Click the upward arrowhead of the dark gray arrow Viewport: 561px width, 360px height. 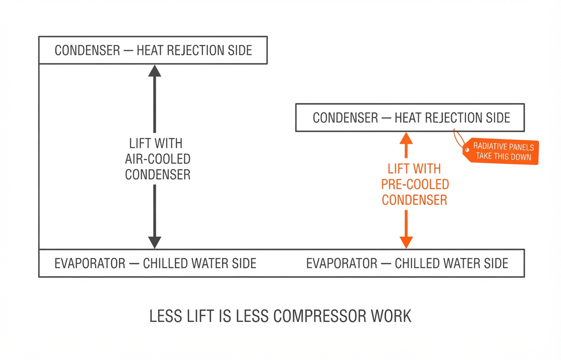155,71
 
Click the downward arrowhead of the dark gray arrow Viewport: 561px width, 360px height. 155,242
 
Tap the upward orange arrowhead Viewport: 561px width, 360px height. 406,138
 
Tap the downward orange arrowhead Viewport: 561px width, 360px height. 406,242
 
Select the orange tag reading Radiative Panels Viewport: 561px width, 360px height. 501,151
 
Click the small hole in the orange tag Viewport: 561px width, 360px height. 467,150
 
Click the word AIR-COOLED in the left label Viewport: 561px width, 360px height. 158,159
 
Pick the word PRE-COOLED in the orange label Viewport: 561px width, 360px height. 415,184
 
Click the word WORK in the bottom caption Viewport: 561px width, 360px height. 391,316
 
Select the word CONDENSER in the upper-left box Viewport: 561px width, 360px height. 87,50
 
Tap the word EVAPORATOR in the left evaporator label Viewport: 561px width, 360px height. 90,264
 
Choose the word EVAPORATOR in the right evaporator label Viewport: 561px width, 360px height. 342,264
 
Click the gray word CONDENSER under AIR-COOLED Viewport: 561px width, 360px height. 158,174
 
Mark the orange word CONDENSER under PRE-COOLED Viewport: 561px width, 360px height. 415,200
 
